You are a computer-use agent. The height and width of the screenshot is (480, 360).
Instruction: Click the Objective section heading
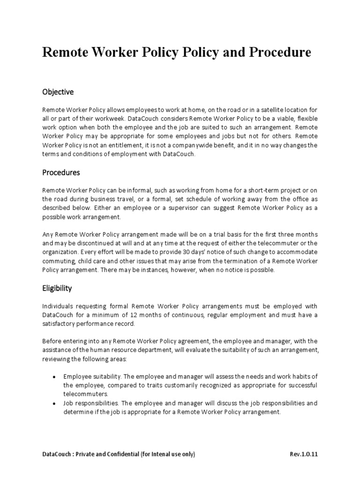58,92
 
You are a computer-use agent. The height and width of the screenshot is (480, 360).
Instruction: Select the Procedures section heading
61,172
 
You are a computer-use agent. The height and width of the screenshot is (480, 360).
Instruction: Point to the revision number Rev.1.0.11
304,454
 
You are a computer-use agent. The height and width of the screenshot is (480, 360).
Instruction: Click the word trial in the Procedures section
197,234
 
